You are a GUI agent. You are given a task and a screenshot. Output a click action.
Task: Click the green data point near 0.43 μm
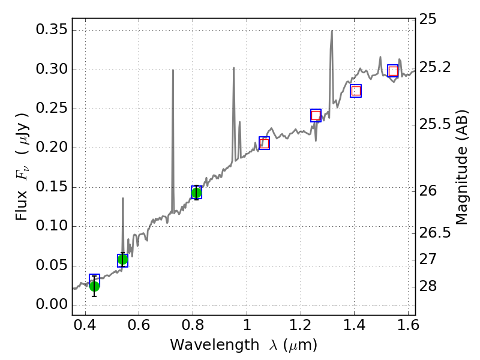94,286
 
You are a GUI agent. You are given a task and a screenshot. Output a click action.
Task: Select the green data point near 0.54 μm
123,260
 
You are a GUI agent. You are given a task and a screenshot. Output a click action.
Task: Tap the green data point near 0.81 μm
196,192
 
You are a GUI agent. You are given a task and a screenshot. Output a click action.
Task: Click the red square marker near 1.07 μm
264,143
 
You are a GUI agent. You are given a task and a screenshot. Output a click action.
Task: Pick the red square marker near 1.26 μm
316,115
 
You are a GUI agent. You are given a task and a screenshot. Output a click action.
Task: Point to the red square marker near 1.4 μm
356,91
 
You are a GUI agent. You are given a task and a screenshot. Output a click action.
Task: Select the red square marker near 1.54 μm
393,71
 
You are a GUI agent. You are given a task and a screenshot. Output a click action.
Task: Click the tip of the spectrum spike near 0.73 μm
173,70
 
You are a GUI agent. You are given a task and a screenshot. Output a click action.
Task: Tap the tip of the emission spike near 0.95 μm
233,68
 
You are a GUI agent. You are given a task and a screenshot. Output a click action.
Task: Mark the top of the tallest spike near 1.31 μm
332,31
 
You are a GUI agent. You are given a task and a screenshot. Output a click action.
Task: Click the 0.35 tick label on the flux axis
51,30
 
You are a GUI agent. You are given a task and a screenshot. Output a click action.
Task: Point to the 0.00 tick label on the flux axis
51,305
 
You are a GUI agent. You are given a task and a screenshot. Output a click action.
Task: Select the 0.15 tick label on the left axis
51,187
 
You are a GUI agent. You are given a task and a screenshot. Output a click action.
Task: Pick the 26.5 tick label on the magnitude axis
435,232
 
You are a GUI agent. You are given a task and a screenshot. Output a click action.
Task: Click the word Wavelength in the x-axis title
208,345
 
